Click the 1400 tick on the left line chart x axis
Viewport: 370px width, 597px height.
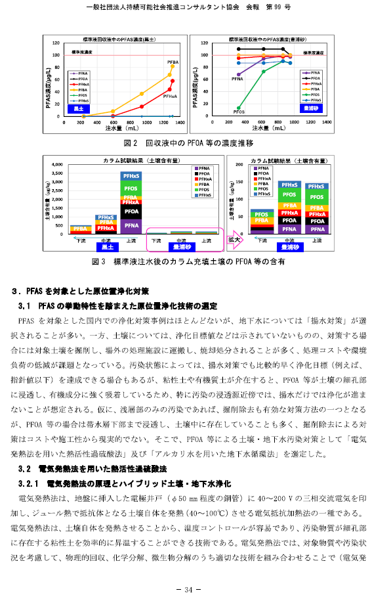tap(179, 123)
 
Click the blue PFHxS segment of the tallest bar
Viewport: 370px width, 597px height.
tap(131, 176)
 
